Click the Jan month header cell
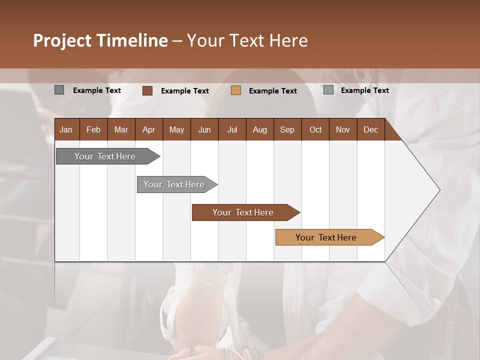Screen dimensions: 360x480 click(66, 129)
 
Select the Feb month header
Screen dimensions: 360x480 click(93, 129)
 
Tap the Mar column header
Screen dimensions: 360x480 click(121, 129)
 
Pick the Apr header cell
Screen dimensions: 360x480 click(149, 129)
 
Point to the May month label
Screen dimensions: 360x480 click(176, 129)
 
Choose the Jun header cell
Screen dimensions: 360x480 click(204, 129)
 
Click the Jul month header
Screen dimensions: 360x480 click(232, 129)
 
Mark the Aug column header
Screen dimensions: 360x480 click(260, 129)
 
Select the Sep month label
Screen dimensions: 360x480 click(287, 129)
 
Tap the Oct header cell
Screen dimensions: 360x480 click(315, 129)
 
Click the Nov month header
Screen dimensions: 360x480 click(343, 129)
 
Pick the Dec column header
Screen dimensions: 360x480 click(371, 129)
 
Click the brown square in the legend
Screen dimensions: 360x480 click(147, 90)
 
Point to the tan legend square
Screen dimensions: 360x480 click(236, 90)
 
